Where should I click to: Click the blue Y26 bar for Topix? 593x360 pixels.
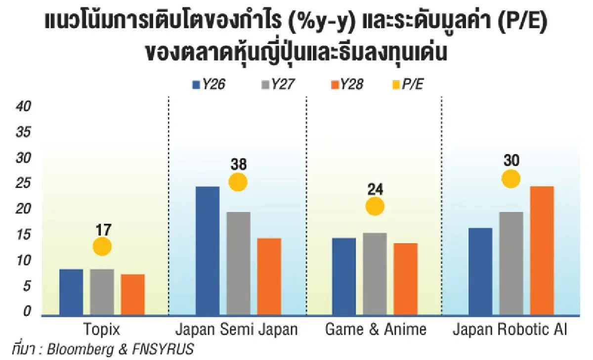71,292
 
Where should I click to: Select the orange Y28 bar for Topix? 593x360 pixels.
132,294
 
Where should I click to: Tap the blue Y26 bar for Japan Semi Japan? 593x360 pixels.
208,250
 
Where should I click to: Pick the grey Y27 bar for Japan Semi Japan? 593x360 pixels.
238,263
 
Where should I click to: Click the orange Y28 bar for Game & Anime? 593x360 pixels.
406,279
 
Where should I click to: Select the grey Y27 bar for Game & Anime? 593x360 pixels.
375,273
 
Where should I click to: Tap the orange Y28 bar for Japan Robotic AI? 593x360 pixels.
542,250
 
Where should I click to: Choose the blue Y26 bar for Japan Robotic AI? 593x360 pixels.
480,271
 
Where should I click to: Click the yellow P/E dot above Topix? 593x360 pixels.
102,246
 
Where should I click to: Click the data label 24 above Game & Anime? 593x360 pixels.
375,189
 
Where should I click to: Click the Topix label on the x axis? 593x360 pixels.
102,330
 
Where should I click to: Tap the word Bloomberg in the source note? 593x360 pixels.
77,349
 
